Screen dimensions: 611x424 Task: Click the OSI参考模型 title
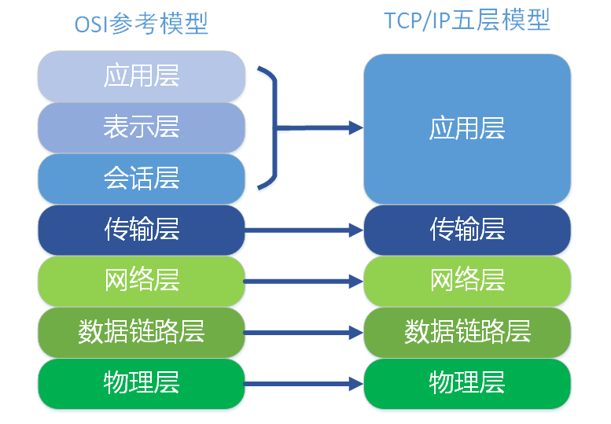[x=141, y=24]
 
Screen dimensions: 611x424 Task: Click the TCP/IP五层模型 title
[x=467, y=20]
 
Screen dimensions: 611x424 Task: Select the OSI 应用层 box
[x=142, y=76]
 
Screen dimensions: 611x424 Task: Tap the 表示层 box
[x=142, y=127]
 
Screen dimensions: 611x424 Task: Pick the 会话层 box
[x=142, y=179]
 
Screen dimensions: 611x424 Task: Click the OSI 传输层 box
[x=142, y=230]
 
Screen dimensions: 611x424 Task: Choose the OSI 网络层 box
[x=142, y=281]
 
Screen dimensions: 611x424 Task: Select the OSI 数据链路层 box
[x=142, y=333]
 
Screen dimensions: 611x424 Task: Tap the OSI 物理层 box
[x=142, y=384]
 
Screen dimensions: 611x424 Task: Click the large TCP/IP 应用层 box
[x=467, y=129]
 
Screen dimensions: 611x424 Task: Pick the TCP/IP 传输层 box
[x=467, y=230]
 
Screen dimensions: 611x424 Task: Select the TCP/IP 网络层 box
[x=467, y=281]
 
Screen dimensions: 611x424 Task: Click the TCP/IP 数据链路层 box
[x=467, y=333]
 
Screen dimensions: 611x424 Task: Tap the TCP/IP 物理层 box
[x=467, y=384]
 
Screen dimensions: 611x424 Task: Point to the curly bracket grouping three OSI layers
[x=276, y=127]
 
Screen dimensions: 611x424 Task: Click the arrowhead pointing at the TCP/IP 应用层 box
[x=356, y=127]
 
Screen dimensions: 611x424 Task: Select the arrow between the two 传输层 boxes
[x=304, y=230]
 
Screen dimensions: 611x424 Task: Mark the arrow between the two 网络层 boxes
[x=304, y=282]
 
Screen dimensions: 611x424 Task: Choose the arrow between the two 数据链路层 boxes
[x=304, y=333]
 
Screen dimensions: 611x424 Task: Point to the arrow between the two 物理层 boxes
[x=304, y=384]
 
